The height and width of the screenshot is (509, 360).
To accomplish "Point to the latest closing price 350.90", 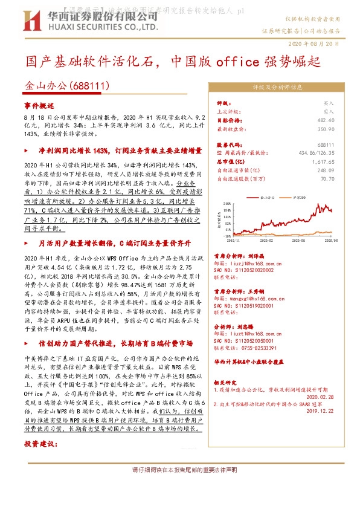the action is (326, 129).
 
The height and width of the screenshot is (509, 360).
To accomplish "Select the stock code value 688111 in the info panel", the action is (326, 146).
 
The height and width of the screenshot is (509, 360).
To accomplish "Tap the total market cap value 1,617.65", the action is (324, 162).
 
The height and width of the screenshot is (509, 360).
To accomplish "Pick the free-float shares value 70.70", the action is (328, 179).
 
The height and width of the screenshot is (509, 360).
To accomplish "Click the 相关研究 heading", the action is (228, 383).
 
